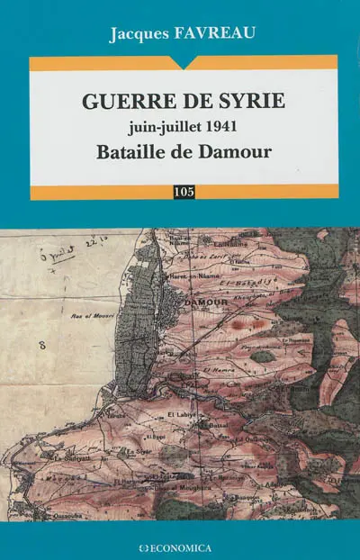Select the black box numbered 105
pos(184,191)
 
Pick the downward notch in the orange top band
pos(184,65)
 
